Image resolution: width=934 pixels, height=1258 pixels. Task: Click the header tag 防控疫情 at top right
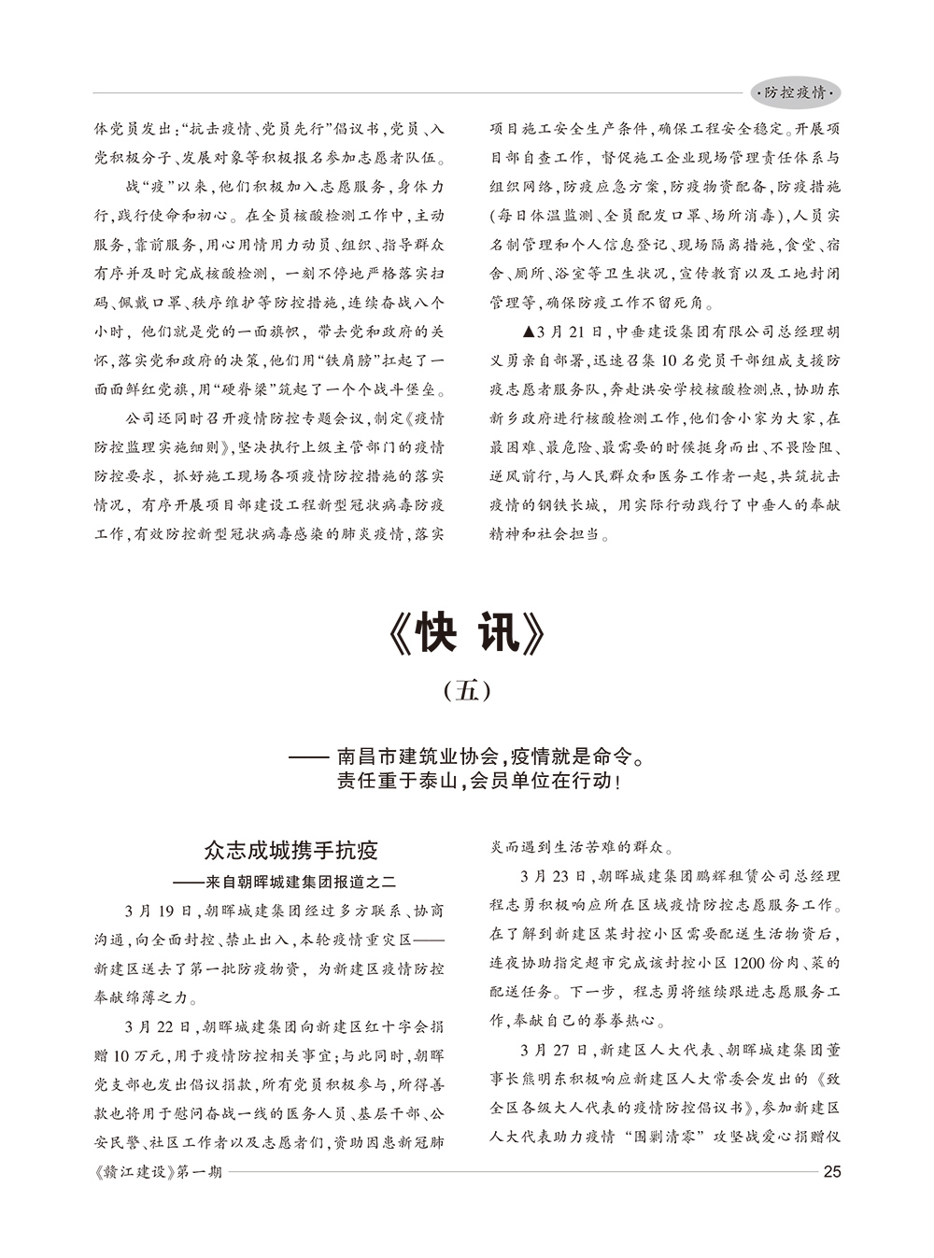click(x=796, y=93)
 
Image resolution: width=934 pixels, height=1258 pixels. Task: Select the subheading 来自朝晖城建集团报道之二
click(x=298, y=881)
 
